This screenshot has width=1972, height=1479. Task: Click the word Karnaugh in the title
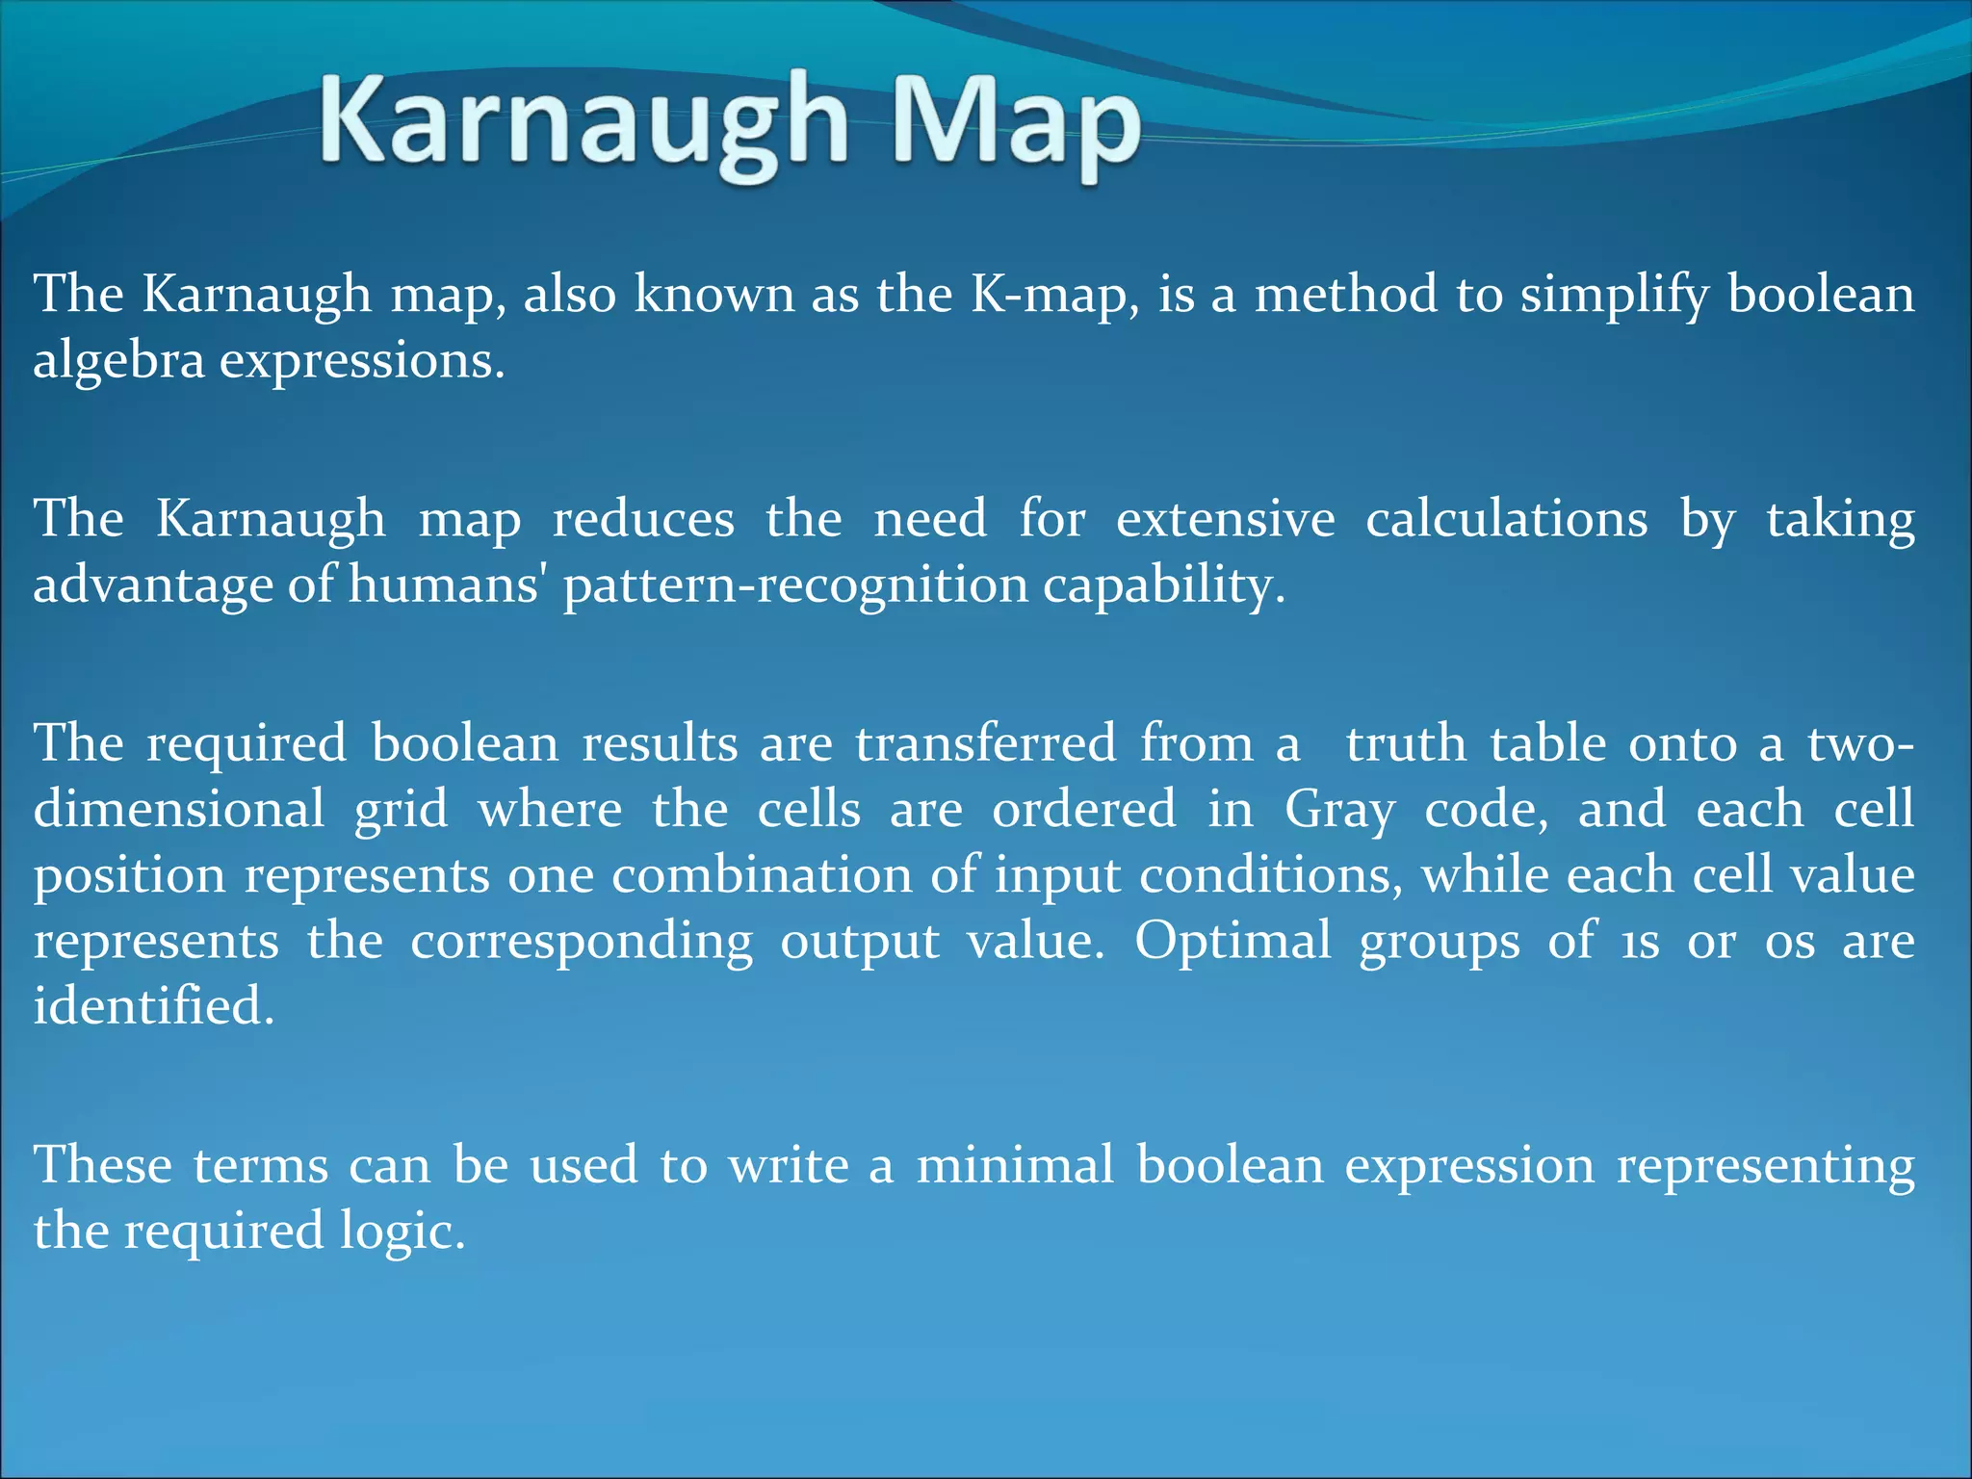[x=583, y=123]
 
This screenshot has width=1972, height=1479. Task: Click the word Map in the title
[x=1016, y=123]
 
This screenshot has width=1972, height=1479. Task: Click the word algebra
[x=118, y=362]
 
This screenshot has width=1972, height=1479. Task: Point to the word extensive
[x=1225, y=520]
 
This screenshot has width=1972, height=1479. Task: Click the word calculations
[x=1506, y=520]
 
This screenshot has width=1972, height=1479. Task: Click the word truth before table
[x=1405, y=744]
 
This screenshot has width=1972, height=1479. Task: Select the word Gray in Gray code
[x=1338, y=811]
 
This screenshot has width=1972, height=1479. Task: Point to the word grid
[x=401, y=811]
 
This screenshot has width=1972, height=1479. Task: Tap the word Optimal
[x=1232, y=942]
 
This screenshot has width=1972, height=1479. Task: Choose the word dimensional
[x=179, y=809]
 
